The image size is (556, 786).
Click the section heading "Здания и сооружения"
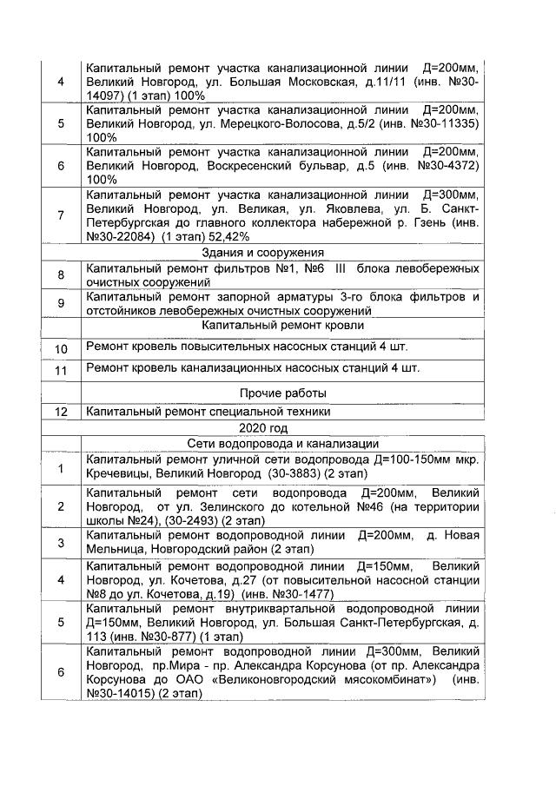[281, 253]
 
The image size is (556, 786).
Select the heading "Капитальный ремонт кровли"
[281, 325]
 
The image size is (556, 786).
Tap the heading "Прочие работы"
[281, 393]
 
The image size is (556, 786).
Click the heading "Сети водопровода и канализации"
[281, 445]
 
